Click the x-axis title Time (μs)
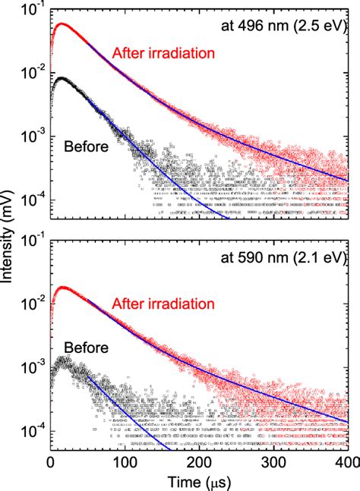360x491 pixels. coord(200,481)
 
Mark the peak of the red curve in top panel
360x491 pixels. coord(63,24)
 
